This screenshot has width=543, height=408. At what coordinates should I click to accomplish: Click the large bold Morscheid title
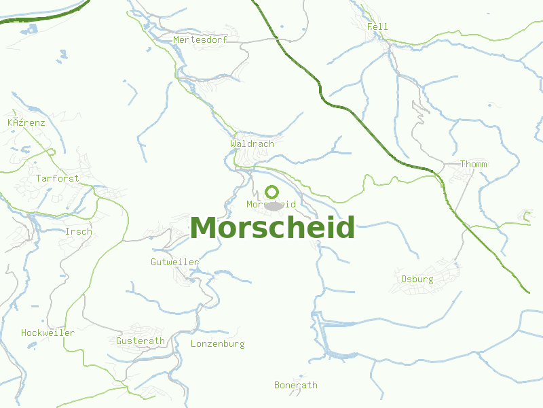click(x=272, y=228)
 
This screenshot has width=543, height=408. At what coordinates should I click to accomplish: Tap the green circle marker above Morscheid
click(x=272, y=192)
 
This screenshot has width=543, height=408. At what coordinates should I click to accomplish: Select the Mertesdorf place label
click(x=200, y=39)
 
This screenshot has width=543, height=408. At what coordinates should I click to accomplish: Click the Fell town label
click(x=377, y=27)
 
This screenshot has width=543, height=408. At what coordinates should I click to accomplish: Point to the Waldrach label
click(x=252, y=143)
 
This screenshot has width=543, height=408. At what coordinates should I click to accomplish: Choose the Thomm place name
click(x=473, y=164)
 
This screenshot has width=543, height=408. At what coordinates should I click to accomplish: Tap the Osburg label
click(x=417, y=279)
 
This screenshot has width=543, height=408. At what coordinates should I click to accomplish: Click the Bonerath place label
click(x=295, y=385)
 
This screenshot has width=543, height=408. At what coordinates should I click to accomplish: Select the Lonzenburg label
click(x=217, y=343)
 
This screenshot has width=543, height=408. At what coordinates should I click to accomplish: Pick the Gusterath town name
click(x=141, y=341)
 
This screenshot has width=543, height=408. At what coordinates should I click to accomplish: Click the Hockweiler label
click(x=48, y=333)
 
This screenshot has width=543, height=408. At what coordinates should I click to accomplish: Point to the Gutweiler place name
click(x=174, y=262)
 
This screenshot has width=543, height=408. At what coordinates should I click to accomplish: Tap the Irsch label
click(x=78, y=231)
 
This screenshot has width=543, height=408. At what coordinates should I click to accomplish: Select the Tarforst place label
click(x=57, y=178)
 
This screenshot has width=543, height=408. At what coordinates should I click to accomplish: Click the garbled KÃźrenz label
click(x=26, y=122)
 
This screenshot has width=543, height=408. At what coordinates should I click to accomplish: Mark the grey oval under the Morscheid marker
click(x=273, y=205)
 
